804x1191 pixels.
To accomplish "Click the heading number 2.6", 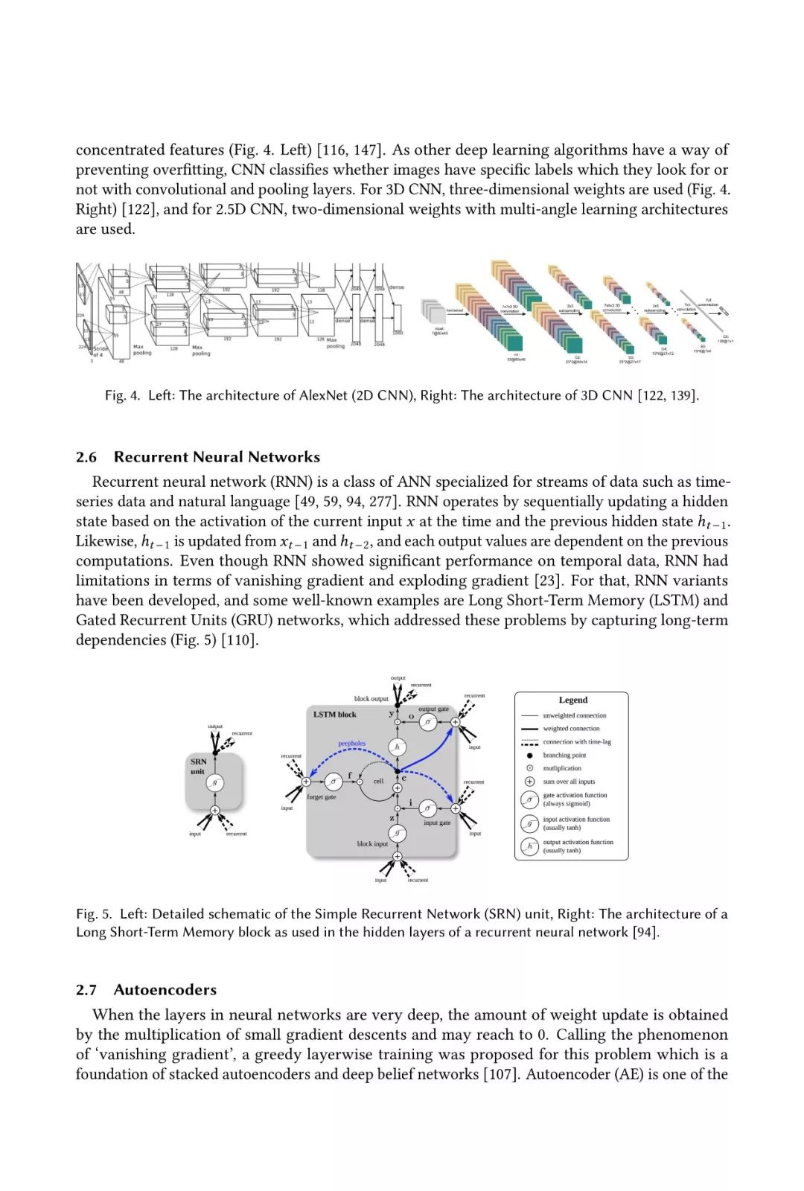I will [86, 457].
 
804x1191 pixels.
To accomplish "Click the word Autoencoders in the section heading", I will [165, 990].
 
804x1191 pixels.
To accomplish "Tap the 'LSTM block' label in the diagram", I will [334, 715].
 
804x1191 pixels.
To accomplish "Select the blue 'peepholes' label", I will [352, 744].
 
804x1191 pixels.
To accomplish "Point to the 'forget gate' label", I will [321, 797].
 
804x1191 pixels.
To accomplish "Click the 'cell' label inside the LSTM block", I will [378, 781].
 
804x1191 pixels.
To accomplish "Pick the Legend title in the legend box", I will [572, 700].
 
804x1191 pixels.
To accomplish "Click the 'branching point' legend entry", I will [564, 755].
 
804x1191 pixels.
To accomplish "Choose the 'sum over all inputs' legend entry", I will [569, 782].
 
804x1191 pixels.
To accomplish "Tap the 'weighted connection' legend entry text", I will [571, 729].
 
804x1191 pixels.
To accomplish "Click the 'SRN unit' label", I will [198, 766].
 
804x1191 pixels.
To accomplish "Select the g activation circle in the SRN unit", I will [215, 782].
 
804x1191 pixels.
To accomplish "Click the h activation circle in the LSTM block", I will [397, 747].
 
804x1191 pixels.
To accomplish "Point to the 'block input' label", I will [372, 844].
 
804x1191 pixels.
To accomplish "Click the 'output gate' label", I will [433, 709].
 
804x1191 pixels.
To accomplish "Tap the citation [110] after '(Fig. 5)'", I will [240, 640].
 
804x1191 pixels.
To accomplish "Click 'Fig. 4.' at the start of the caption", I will [122, 395].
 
